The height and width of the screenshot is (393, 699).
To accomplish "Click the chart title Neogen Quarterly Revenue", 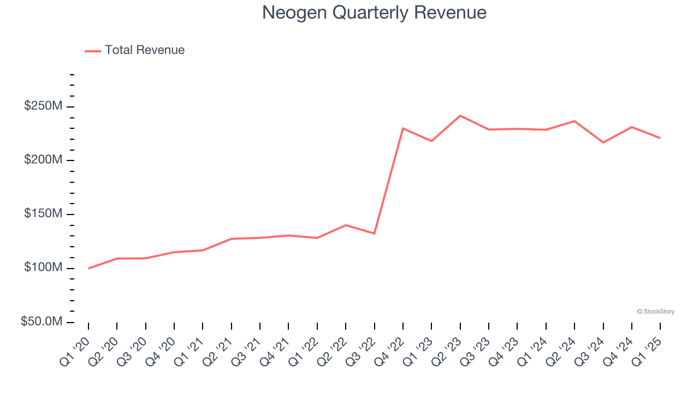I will click(374, 12).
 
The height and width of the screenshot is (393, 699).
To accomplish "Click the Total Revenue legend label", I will click(145, 50).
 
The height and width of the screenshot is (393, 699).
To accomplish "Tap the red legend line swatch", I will click(93, 51).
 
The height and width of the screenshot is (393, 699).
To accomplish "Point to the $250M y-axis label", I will click(43, 106).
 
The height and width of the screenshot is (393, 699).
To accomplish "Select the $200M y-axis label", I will click(43, 160).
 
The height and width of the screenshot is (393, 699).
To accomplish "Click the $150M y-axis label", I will click(43, 213).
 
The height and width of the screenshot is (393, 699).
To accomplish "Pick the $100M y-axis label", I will click(43, 267).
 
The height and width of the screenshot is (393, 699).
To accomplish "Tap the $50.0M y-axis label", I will click(42, 321).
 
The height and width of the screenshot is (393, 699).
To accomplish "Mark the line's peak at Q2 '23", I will click(460, 116).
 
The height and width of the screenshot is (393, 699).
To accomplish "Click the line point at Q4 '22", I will click(403, 128).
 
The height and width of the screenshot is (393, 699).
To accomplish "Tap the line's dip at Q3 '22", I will click(374, 234).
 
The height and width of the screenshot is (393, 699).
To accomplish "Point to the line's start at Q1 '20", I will click(88, 268).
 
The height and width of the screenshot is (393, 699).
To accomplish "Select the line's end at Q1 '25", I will click(660, 138).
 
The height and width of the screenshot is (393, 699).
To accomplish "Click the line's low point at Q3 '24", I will click(603, 142).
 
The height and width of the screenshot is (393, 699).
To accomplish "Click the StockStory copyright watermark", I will click(655, 312).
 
